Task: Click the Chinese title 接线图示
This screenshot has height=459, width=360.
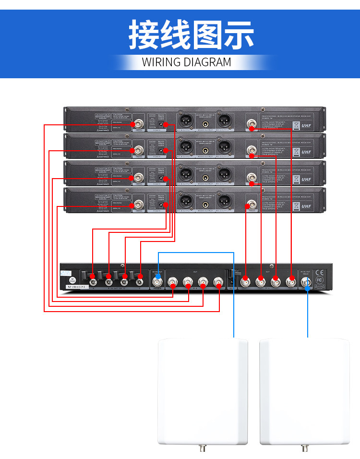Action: tap(191, 35)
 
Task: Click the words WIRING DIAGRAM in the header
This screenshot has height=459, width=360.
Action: tap(186, 62)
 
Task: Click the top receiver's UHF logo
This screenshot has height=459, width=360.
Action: tap(306, 126)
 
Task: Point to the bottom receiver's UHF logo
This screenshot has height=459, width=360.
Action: tap(306, 206)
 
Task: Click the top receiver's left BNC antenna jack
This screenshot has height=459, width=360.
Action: tap(138, 123)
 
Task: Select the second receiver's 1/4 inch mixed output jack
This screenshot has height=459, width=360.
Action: tap(205, 150)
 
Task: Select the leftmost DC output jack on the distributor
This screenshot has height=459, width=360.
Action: tap(93, 276)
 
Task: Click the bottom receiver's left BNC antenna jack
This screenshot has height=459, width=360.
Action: tap(138, 204)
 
